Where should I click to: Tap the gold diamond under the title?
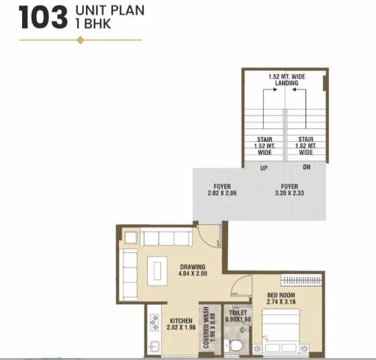pyautogui.click(x=81, y=40)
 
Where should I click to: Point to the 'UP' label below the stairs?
pyautogui.click(x=265, y=168)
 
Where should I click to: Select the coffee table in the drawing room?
pyautogui.click(x=156, y=269)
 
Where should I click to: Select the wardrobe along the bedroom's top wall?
pyautogui.click(x=301, y=279)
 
